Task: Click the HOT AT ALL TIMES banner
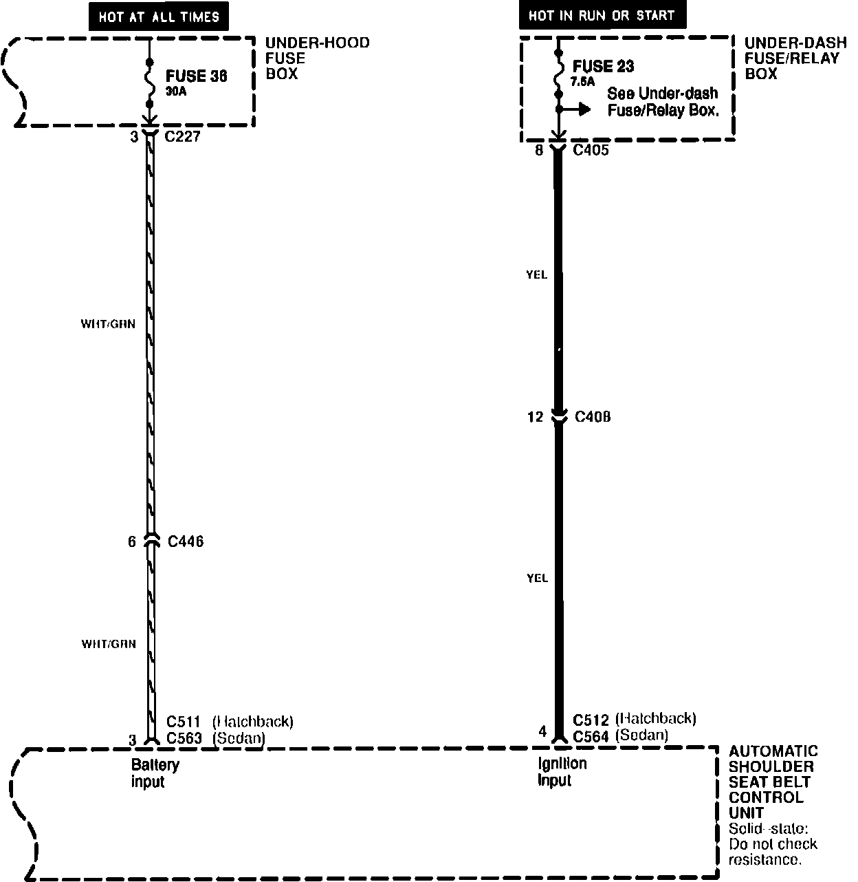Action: (158, 17)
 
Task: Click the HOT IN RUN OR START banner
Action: (602, 15)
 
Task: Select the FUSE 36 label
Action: (197, 76)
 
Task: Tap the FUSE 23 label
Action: (603, 67)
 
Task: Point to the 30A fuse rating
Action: (176, 92)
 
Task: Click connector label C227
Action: (182, 136)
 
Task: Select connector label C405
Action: (591, 149)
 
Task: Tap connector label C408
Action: (593, 417)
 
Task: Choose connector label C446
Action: (186, 541)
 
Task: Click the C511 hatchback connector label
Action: (184, 722)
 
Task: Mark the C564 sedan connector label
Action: (591, 736)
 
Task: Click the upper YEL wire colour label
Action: (536, 275)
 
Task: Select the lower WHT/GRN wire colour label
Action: (109, 645)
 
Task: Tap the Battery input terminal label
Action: (155, 773)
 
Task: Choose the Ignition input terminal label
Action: (562, 772)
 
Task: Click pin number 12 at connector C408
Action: (535, 417)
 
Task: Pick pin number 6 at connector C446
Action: (131, 542)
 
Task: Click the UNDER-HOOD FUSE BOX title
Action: (317, 58)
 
